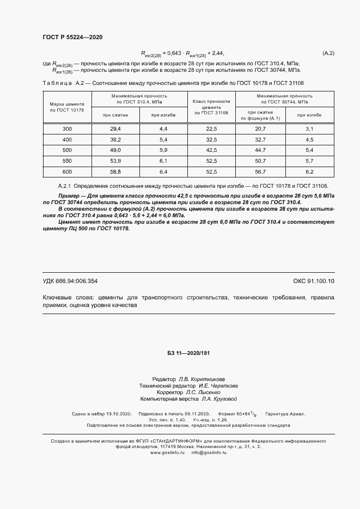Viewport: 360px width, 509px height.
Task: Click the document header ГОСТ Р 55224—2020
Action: pyautogui.click(x=72, y=37)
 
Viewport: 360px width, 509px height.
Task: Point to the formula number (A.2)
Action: pyautogui.click(x=328, y=53)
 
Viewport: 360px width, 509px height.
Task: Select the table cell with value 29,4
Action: pyautogui.click(x=115, y=128)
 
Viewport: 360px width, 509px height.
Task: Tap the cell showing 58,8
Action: pyautogui.click(x=115, y=172)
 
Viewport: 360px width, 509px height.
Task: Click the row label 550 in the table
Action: pyautogui.click(x=67, y=161)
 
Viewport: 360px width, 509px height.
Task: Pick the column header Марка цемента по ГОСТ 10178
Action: pyautogui.click(x=67, y=107)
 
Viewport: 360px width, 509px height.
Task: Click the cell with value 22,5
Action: pyautogui.click(x=212, y=128)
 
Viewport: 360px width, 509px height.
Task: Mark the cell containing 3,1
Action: pyautogui.click(x=310, y=128)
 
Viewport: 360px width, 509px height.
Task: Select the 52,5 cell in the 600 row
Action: pyautogui.click(x=212, y=172)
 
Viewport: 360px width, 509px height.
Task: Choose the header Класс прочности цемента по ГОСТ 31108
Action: pyautogui.click(x=212, y=107)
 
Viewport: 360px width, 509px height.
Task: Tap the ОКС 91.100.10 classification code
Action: pyautogui.click(x=314, y=281)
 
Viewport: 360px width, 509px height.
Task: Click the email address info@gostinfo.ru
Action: pyautogui.click(x=209, y=453)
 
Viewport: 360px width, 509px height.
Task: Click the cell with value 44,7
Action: pyautogui.click(x=260, y=150)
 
